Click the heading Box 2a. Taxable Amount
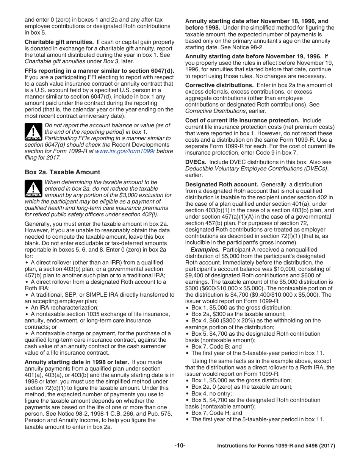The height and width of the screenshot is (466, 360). point(62,172)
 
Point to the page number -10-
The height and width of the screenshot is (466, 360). point(180,446)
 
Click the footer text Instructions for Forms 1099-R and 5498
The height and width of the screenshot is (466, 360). point(276,446)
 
